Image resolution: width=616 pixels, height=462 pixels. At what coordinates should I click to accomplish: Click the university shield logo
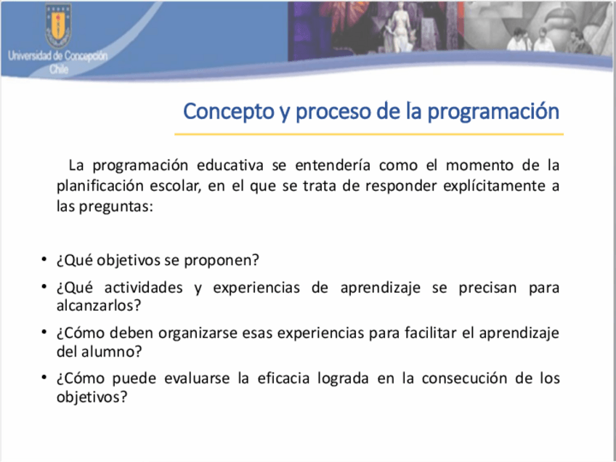[58, 26]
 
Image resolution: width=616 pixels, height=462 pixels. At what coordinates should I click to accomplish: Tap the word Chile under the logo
[59, 70]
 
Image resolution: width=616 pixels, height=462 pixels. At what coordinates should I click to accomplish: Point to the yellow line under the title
[369, 134]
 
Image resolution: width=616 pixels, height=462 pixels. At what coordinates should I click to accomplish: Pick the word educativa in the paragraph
[230, 166]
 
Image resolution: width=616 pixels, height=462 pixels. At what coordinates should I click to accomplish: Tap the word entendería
[333, 166]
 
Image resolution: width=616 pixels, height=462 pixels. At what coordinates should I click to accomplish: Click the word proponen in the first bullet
[222, 261]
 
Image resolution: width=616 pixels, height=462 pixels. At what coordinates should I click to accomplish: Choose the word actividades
[143, 288]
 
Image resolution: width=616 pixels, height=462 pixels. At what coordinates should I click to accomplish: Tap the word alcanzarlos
[98, 306]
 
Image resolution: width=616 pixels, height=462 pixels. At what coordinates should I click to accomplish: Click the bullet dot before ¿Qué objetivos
[44, 259]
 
